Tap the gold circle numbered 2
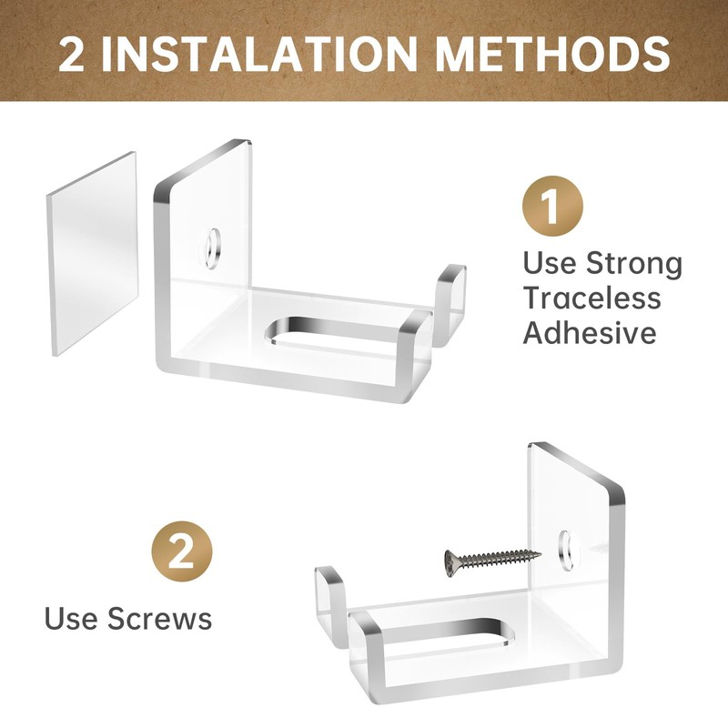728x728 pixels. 181,551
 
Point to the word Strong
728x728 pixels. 634,264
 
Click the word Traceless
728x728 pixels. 591,298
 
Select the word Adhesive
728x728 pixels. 589,333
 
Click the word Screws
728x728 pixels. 159,619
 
